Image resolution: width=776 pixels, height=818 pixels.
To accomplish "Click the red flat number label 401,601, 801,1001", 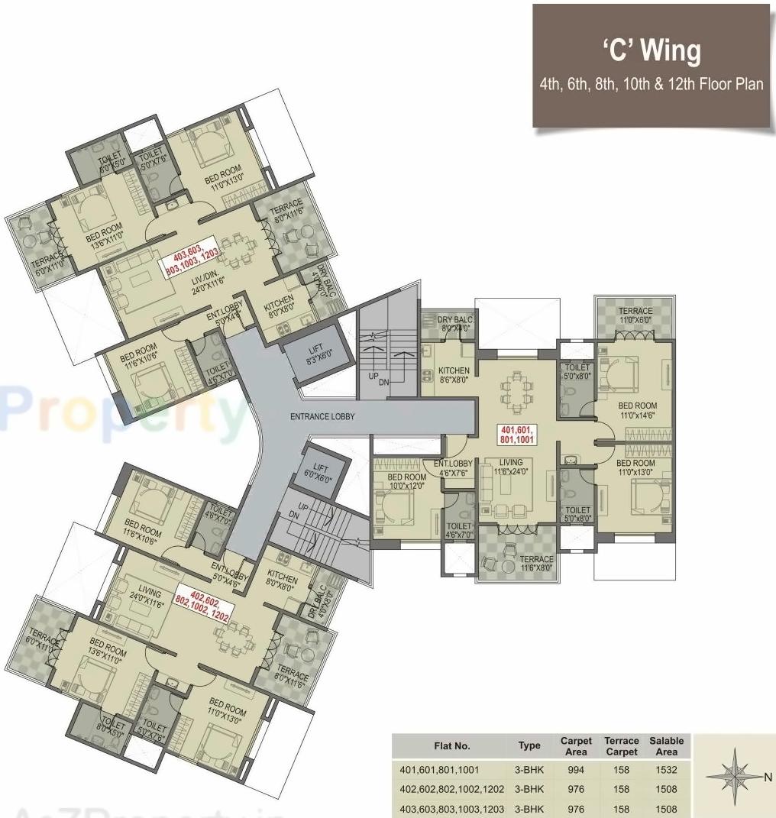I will (x=518, y=434).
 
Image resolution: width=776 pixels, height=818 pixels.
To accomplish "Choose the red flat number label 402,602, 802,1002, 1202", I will (x=202, y=602).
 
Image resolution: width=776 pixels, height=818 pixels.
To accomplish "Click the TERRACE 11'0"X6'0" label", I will (x=635, y=315).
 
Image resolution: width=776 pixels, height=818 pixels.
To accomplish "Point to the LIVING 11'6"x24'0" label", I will (x=511, y=467).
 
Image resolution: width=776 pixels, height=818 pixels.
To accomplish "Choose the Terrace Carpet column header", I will (x=621, y=746).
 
